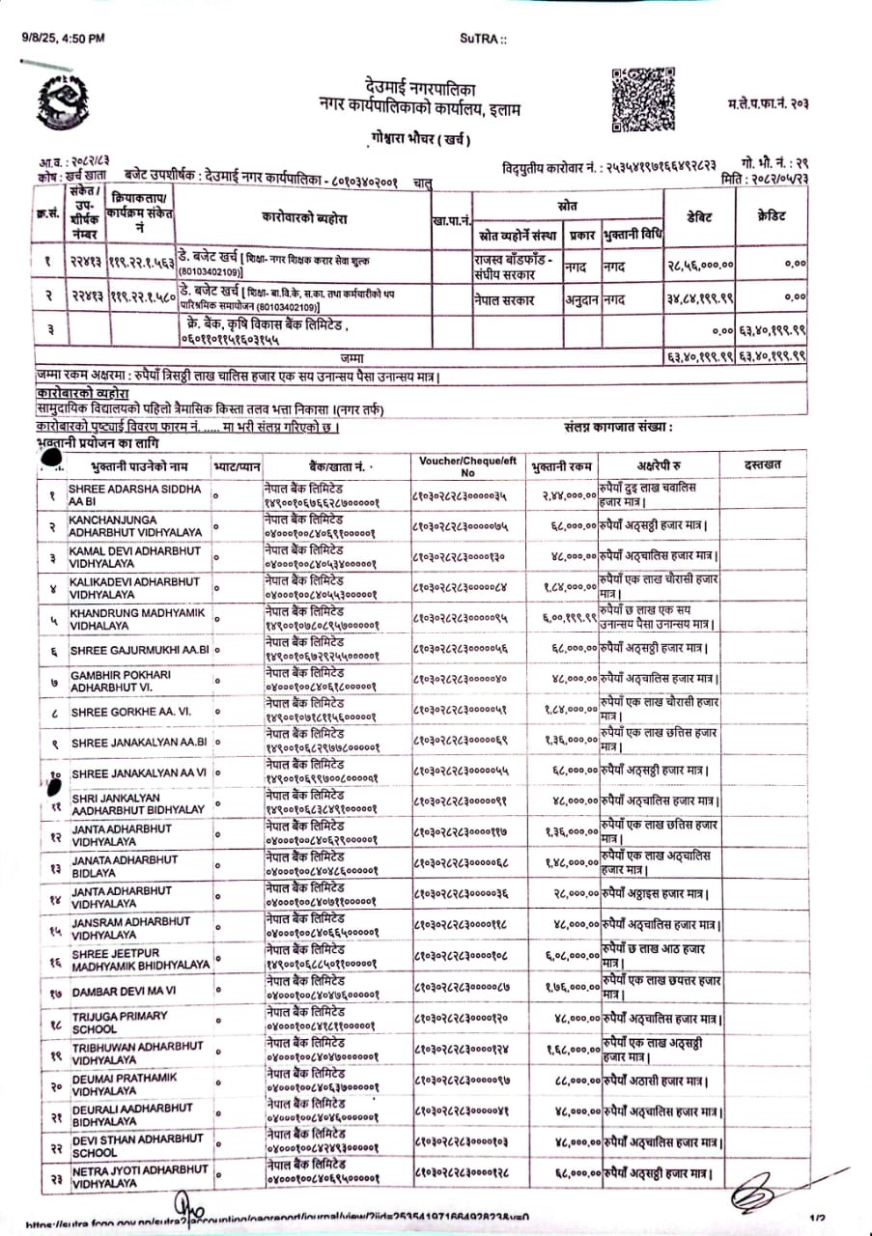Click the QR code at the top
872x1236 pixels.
[636, 98]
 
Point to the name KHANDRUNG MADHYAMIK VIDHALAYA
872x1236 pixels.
[136, 619]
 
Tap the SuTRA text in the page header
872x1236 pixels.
[482, 38]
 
